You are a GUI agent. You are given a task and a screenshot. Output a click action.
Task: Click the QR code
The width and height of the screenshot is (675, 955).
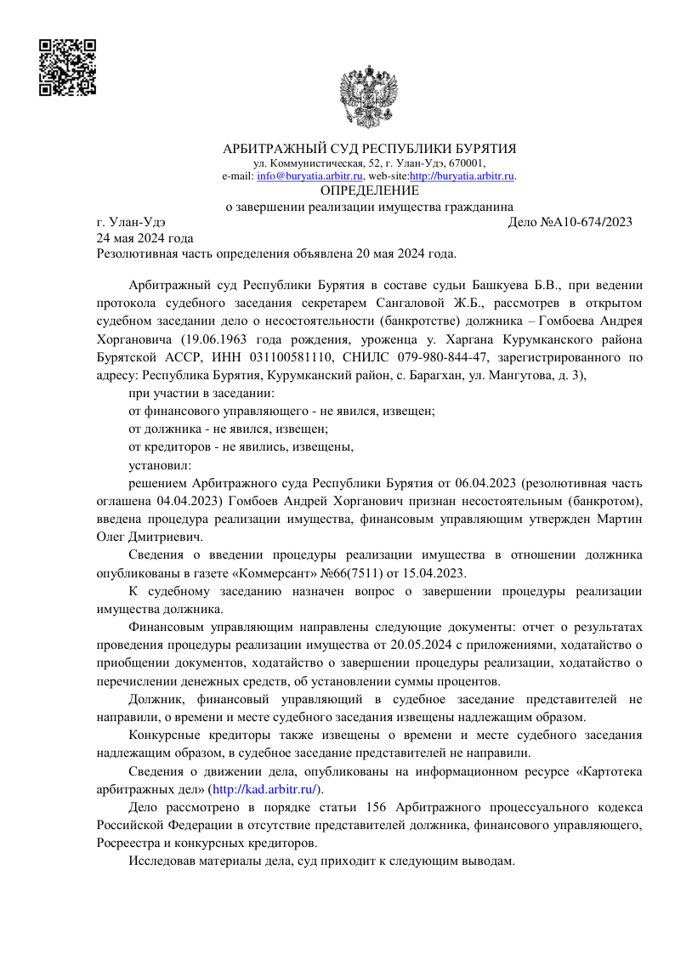point(67,66)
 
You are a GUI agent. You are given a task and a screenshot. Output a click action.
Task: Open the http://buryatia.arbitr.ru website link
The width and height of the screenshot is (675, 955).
point(462,176)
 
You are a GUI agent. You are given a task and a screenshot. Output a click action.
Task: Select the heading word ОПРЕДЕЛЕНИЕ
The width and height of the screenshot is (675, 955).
point(370,190)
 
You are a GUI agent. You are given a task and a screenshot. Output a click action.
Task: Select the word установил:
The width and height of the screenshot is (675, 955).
point(160,465)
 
